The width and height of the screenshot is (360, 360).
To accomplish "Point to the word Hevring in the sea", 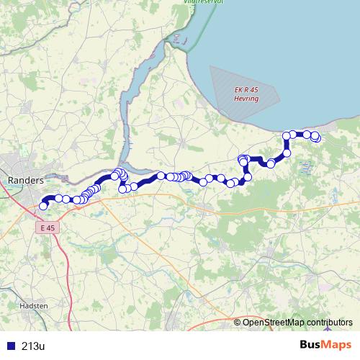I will pos(247,96).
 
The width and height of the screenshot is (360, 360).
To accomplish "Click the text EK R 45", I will pos(246,89).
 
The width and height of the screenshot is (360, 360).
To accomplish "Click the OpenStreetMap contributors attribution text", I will pos(297,322).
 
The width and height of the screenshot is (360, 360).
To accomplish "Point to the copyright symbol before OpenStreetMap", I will pos(238,322).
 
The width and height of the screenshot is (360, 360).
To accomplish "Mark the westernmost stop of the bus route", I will pos(43,206).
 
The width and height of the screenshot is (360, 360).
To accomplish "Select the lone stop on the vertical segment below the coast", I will pos(287,153).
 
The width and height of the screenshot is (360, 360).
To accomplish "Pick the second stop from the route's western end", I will pos(58,198).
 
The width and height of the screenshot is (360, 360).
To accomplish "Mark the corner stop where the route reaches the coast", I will pos(287,135).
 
